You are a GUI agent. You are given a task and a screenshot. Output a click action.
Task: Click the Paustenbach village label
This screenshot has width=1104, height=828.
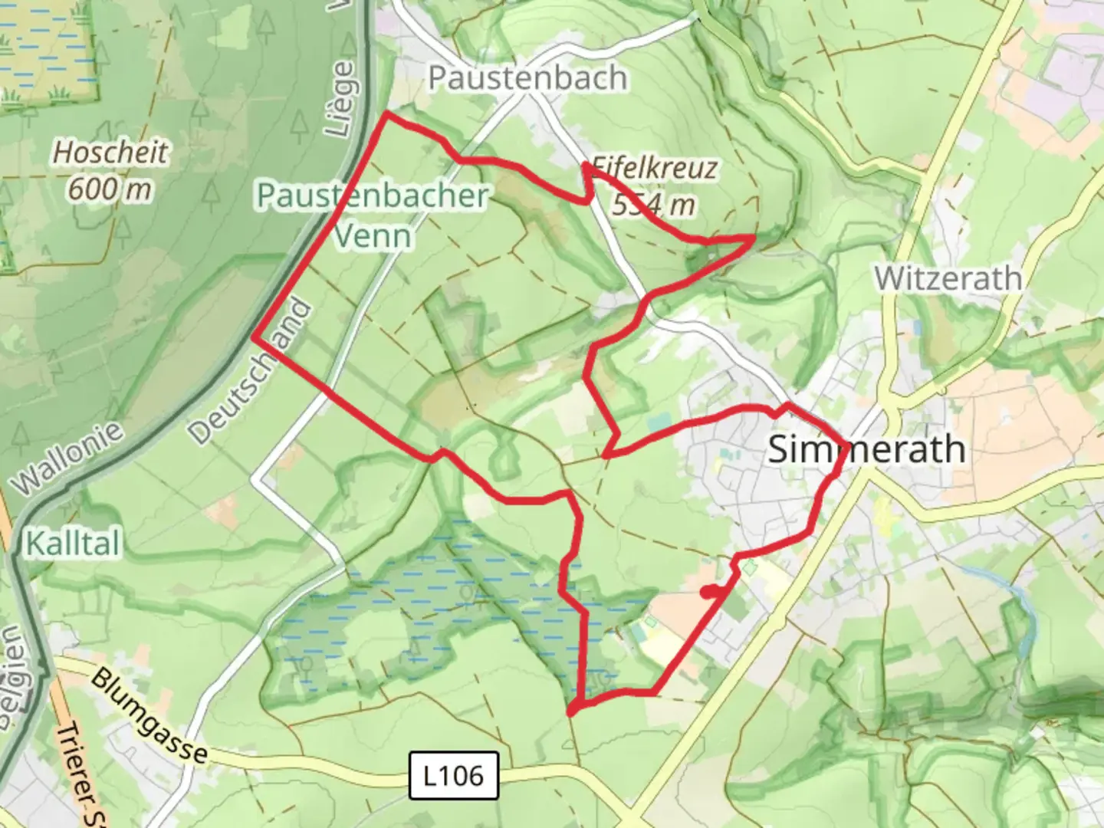(x=527, y=77)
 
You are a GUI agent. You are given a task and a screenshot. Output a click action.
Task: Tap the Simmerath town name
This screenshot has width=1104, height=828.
(x=866, y=449)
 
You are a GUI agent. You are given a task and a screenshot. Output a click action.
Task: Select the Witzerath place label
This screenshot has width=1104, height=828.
(x=948, y=278)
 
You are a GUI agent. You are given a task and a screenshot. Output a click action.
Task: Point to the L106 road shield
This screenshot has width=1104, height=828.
(x=454, y=775)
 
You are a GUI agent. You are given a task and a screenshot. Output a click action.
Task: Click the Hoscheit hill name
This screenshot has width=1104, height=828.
(x=110, y=152)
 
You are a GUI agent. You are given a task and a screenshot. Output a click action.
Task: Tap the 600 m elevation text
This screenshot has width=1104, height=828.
(x=110, y=189)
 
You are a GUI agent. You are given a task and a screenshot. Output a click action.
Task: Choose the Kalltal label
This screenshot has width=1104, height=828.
(x=73, y=544)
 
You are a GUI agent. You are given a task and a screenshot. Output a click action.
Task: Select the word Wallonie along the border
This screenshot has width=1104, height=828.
(x=67, y=458)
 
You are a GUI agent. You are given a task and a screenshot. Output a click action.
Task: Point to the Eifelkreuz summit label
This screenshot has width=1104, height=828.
(x=654, y=168)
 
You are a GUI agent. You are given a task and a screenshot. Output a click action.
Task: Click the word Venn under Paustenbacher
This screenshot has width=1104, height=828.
(x=373, y=235)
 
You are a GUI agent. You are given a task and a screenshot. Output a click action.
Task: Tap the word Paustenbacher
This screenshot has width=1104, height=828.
(x=373, y=195)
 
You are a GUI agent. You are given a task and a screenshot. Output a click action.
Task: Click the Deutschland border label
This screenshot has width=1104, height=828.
(x=251, y=373)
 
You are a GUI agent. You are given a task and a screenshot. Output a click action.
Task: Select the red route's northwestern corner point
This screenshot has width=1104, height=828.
(x=386, y=114)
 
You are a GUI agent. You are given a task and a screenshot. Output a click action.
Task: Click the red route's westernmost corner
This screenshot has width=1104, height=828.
(x=255, y=336)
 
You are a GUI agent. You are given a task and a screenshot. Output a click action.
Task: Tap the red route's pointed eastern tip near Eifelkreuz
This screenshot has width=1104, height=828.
(x=753, y=238)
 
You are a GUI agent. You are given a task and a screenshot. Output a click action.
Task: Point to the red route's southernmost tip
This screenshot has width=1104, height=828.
(x=571, y=713)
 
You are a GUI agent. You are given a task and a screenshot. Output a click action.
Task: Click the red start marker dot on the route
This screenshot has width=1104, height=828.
(x=708, y=592)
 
